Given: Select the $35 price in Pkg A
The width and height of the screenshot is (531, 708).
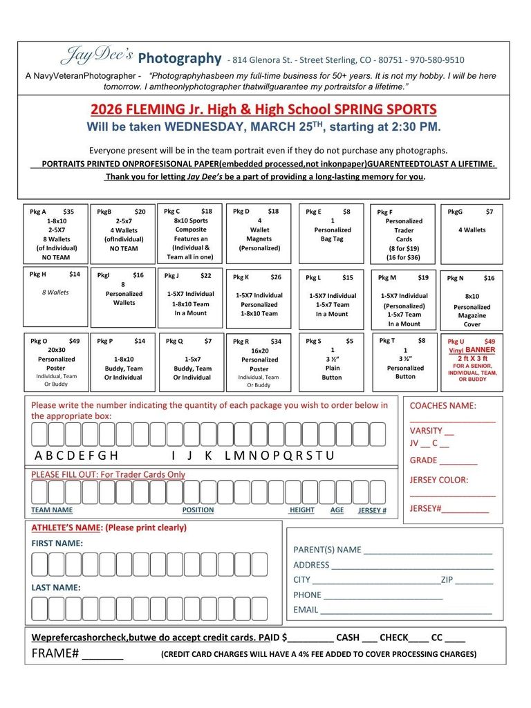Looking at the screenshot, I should pos(68,212).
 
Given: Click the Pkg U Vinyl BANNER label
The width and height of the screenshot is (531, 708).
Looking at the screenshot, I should pos(472,350).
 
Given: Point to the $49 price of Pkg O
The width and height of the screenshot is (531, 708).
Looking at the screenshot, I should pos(74,341).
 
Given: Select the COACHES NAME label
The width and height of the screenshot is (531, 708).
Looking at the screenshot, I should pos(442,406).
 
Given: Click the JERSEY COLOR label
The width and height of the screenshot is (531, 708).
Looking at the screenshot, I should pos(438,480).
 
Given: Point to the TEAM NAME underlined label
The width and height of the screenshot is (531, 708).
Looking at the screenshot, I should pos(52,510).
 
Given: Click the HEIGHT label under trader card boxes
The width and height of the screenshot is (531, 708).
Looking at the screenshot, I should pos(301,510).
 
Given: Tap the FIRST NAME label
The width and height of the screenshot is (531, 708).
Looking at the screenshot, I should pos(57,543).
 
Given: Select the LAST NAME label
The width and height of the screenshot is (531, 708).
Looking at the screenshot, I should pos(55,588).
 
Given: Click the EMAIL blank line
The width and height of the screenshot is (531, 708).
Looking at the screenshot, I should pos(406,611).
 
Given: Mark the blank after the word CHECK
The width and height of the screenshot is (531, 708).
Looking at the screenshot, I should pos(419,640).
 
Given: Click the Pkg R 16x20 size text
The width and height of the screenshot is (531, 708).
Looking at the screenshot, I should pos(260,351).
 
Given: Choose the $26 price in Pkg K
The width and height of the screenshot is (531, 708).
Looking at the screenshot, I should pos(276,277).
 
